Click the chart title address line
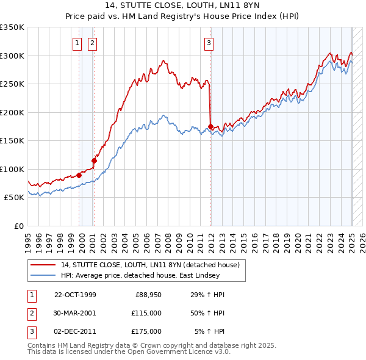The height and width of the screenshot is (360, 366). (x=182, y=6)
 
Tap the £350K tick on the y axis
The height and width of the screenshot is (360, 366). (x=12, y=27)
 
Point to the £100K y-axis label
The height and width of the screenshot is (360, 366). (x=12, y=169)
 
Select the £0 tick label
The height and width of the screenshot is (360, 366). (x=18, y=226)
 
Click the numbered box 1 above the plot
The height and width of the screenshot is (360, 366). (x=78, y=43)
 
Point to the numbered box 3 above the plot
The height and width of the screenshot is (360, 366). (x=209, y=43)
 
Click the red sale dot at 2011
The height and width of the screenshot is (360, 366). (x=210, y=127)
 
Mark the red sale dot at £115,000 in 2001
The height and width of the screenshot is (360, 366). (x=95, y=161)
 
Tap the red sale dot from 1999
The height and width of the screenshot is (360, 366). (x=79, y=176)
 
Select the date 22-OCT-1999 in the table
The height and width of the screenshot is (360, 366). (x=75, y=295)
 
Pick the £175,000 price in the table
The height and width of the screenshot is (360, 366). (x=147, y=331)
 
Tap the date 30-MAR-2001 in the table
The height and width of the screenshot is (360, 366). (x=75, y=313)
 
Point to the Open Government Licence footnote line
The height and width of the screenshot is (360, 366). (x=129, y=352)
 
